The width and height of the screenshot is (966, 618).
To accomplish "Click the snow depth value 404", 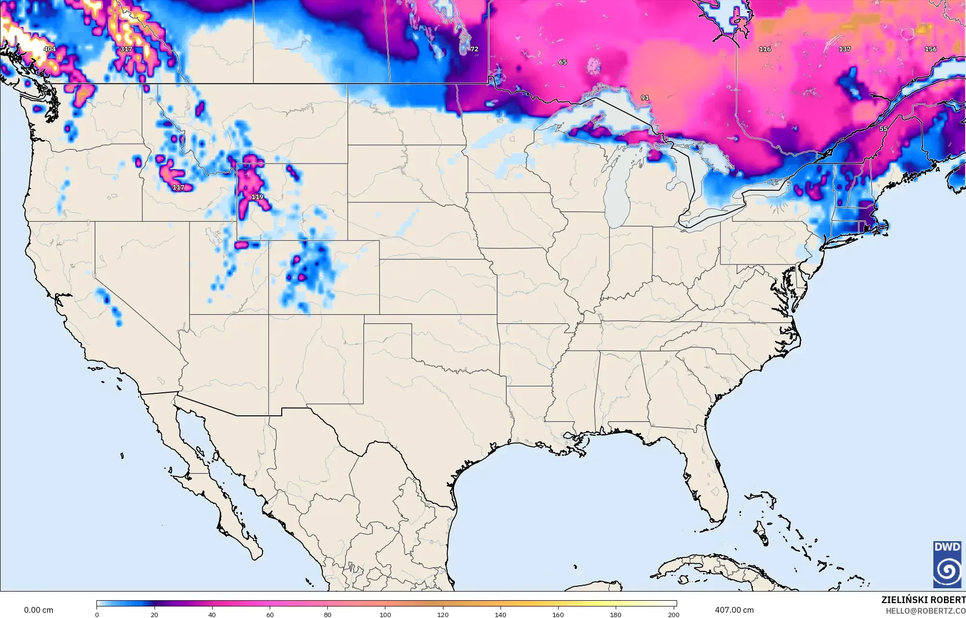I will pos(49,49).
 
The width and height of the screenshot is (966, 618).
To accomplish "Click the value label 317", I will pos(126,49).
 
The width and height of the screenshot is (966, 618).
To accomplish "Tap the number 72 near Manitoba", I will pos(474,49).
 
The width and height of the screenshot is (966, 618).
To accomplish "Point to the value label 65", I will pos(563,62).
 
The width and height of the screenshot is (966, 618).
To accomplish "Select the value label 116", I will pos(765,49).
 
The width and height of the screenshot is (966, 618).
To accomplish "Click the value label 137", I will pos(845,49).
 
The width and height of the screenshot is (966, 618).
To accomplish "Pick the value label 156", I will pos(930,49).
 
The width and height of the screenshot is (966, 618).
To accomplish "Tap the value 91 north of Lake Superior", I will pos(645,98).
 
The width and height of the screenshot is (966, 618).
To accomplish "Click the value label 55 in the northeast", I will pos(883,129).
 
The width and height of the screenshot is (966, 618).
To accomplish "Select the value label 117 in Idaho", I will pos(178,187).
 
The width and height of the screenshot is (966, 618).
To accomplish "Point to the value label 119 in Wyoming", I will pos(257,197).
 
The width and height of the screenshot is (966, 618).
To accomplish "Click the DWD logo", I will pos(947,564).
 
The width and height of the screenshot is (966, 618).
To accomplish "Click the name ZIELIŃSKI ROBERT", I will pos(923,600).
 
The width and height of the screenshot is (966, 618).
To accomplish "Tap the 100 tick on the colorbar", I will pos(385,614).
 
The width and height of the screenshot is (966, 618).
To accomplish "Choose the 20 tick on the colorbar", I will pos(155,614).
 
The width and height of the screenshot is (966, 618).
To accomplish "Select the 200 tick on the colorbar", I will pos(673,614).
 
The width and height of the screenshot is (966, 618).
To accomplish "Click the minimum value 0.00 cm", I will pos(39,610).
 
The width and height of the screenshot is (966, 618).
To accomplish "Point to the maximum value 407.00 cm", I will pos(734,610).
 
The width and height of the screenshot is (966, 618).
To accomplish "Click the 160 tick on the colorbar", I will pos(558,614).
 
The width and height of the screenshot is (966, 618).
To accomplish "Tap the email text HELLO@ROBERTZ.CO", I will pos(926,611).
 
